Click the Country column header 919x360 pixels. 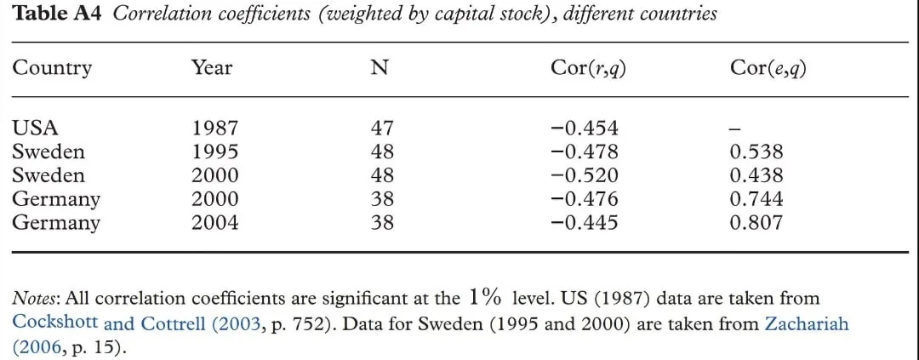coord(52,69)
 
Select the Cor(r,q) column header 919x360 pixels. coord(589,69)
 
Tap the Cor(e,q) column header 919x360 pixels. coord(768,69)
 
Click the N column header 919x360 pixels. coord(380,69)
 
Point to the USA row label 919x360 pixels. coord(36,128)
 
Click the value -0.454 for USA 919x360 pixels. coord(585,128)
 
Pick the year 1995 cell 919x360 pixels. coord(215,151)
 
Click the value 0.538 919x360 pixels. coord(756,151)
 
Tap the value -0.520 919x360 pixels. coord(585,175)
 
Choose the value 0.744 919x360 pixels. coord(756,199)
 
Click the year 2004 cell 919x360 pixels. coord(215,223)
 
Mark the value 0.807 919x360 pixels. coord(756,223)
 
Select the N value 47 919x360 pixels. coord(382,128)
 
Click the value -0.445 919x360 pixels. coord(585,223)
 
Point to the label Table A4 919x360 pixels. coord(57,14)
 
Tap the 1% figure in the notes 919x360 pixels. coord(485,298)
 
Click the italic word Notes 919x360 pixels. coord(35,299)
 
